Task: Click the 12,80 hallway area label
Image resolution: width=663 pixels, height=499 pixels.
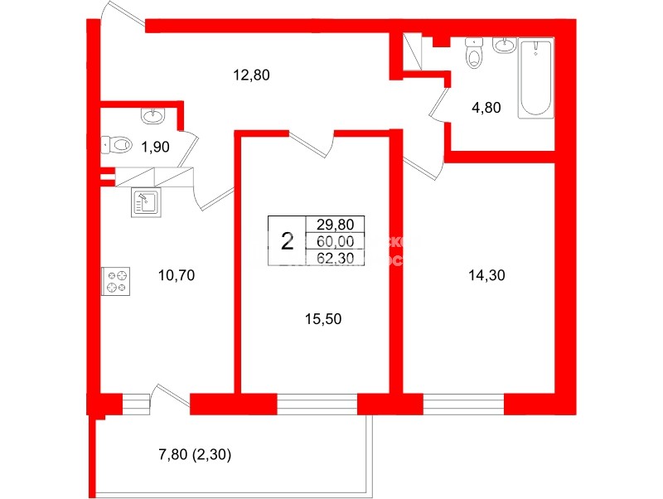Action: (252, 75)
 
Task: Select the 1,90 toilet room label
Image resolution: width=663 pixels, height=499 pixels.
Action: (155, 148)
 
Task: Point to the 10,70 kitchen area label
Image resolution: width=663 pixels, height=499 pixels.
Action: (175, 276)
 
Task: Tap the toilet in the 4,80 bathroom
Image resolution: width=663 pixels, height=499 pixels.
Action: (473, 53)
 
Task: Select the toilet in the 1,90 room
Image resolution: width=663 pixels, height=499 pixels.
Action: (119, 145)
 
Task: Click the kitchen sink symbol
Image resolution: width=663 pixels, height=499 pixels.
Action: (145, 202)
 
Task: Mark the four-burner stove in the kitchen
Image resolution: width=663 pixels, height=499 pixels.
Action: (117, 282)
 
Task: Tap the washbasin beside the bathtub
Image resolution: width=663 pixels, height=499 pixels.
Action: (505, 46)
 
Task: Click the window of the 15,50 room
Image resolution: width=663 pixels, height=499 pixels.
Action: (317, 405)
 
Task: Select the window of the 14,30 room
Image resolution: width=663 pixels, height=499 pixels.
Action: (463, 405)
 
